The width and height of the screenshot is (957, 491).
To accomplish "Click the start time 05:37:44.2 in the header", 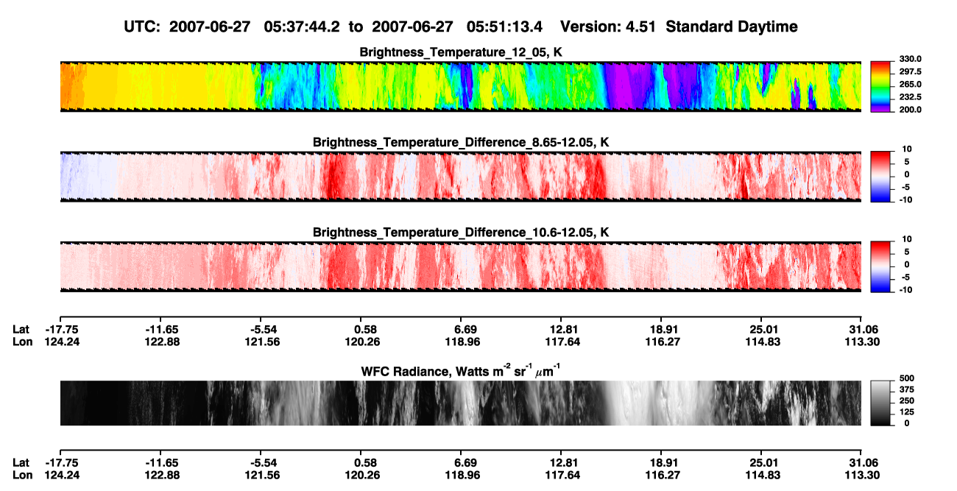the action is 302,27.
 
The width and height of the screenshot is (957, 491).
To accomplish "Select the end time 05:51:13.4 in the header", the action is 504,27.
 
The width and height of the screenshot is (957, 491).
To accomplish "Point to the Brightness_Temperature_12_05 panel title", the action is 461,52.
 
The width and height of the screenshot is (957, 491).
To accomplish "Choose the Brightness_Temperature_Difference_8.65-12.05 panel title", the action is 461,142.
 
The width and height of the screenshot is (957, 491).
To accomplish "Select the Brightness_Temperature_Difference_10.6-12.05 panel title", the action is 461,233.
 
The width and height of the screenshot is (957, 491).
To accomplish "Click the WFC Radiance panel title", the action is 461,371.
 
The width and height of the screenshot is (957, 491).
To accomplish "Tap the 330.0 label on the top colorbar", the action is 910,59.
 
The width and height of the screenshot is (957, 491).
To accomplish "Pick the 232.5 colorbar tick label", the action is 910,97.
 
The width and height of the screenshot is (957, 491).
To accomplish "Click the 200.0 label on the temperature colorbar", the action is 910,110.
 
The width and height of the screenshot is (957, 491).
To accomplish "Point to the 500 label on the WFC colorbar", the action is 907,378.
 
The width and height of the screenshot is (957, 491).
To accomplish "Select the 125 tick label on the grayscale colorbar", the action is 907,412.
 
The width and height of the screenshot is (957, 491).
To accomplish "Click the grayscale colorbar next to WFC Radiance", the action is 880,403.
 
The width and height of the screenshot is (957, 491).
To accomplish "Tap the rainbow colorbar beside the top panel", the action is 880,87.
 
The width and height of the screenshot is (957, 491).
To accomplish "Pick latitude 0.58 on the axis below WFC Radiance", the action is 365,463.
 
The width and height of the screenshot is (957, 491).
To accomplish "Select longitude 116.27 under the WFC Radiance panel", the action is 663,476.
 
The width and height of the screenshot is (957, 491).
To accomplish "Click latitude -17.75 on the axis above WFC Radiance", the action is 62,330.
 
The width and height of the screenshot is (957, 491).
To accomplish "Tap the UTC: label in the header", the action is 142,27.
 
